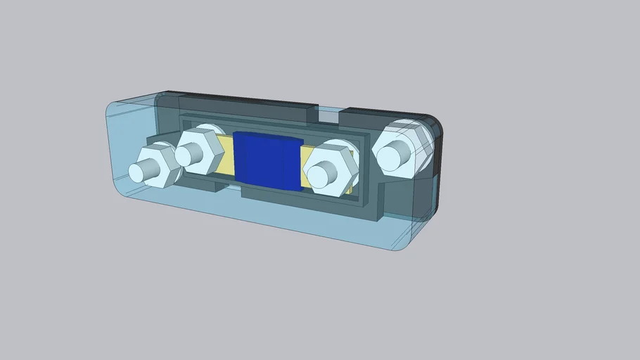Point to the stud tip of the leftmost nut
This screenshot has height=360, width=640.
pyautogui.click(x=139, y=172)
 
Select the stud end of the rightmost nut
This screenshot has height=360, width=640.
pyautogui.click(x=395, y=153)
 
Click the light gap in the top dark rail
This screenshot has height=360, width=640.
pyautogui.click(x=329, y=110)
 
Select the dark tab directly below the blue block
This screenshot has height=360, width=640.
pyautogui.click(x=267, y=192)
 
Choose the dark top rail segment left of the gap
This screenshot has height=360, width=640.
pyautogui.click(x=246, y=105)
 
